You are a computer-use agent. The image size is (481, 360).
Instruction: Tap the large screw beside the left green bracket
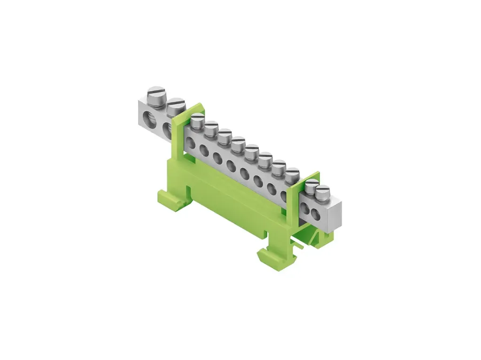(x=176, y=104)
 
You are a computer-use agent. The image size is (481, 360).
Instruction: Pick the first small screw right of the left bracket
(x=198, y=120)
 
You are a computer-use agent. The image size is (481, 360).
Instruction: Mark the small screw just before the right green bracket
(x=292, y=174)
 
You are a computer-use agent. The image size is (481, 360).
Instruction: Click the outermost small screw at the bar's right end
(x=323, y=192)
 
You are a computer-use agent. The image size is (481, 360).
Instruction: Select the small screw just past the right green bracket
(x=311, y=185)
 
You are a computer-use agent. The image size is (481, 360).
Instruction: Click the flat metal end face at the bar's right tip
(x=334, y=214)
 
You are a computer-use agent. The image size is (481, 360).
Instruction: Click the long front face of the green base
(x=225, y=207)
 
